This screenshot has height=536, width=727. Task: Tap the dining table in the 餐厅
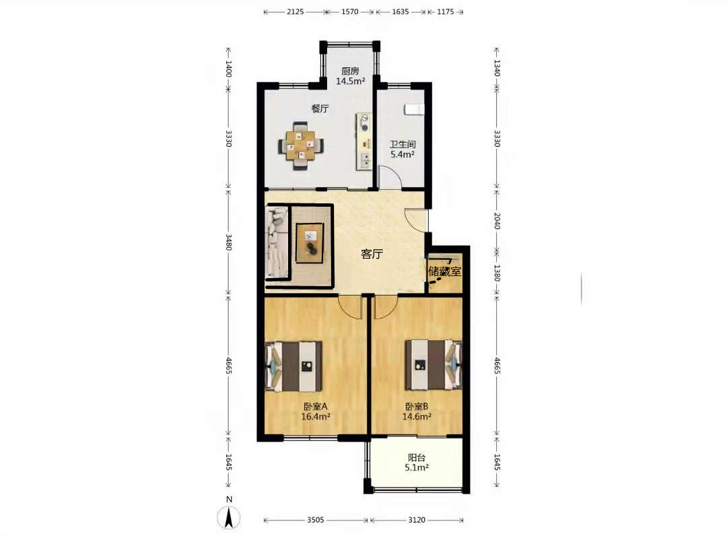(x=301, y=146)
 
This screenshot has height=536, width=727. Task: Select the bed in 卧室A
(x=293, y=366)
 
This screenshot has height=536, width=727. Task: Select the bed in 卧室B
(x=434, y=365)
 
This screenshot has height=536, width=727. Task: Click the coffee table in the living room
(x=310, y=243)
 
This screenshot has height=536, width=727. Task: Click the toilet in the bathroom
(x=414, y=108)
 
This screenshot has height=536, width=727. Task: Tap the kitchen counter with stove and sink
(x=364, y=141)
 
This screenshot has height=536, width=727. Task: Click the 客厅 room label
(x=372, y=254)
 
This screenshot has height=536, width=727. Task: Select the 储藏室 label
(x=445, y=271)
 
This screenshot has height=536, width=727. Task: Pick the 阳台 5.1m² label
(x=417, y=463)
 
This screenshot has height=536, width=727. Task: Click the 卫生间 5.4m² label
(x=403, y=149)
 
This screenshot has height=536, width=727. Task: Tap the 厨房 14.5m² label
(x=351, y=76)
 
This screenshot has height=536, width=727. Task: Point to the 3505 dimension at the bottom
(x=315, y=520)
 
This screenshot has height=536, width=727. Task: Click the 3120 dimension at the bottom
(x=417, y=520)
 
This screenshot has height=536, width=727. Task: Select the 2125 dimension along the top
(x=295, y=11)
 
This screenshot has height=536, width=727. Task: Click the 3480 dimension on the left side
(x=229, y=242)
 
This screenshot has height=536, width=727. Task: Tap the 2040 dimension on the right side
(x=497, y=220)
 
